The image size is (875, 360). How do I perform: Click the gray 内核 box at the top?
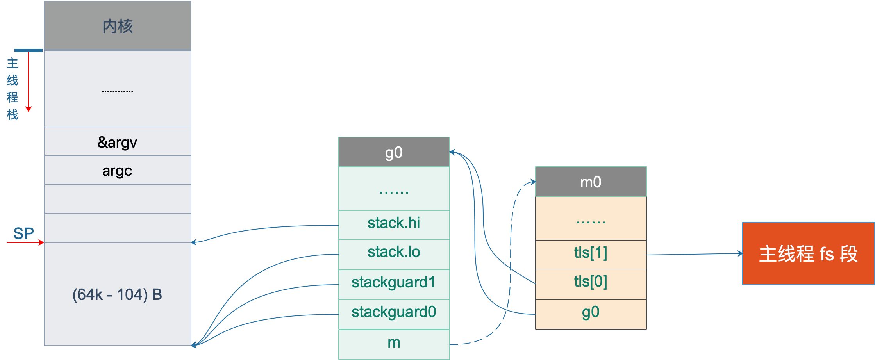118,26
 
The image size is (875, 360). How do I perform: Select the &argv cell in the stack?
118,141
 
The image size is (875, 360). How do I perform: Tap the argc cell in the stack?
118,170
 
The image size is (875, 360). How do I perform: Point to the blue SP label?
23,233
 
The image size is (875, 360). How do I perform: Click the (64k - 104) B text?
117,294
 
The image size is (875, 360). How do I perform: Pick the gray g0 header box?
394,152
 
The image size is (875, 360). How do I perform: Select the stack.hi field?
394,225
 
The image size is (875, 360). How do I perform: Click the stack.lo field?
394,254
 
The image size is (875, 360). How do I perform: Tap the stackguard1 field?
394,285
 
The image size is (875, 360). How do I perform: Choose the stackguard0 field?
394,314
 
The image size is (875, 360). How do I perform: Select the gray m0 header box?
591,182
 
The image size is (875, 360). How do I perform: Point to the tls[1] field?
591,255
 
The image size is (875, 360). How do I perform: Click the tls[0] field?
591,284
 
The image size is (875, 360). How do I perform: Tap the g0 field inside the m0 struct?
591,314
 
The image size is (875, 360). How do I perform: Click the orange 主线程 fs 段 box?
808,253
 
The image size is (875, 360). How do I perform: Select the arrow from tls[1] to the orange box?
695,254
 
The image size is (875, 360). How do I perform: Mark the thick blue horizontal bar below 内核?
29,50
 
